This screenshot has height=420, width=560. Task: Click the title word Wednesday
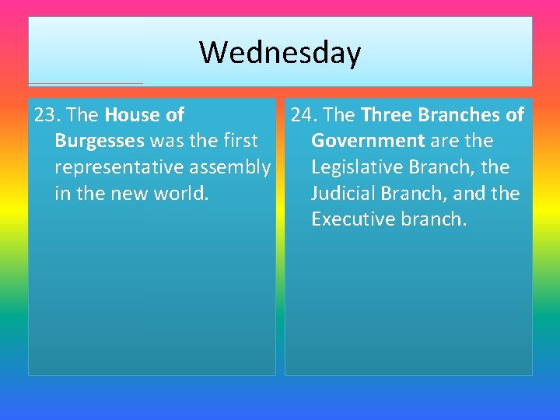[x=280, y=53]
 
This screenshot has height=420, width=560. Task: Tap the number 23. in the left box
[x=47, y=115]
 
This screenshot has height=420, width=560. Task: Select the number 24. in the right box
[x=304, y=115]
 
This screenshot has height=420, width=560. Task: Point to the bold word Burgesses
[x=100, y=141]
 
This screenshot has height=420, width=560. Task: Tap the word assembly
[x=233, y=167]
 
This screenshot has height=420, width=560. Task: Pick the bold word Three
[x=387, y=115]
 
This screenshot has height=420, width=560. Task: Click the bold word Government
[x=368, y=141]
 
